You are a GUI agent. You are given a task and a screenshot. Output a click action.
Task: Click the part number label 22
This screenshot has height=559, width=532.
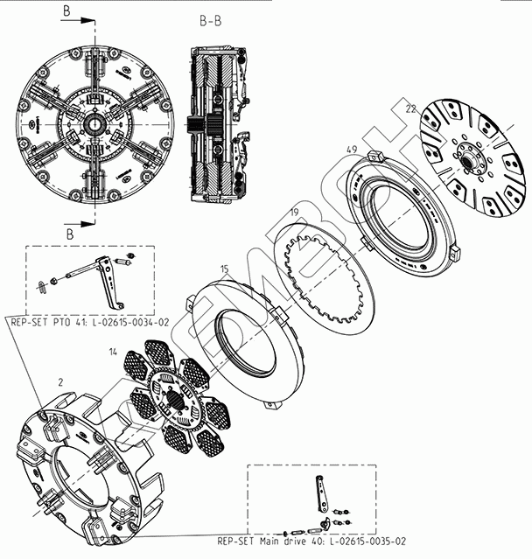410,108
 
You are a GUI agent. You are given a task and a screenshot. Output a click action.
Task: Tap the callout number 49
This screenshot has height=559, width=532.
352,149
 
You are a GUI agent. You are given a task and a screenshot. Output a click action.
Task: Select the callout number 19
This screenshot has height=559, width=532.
294,213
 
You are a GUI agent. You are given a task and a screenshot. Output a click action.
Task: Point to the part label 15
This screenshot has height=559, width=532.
224,269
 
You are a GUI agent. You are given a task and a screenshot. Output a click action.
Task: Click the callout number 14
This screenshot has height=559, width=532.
113,352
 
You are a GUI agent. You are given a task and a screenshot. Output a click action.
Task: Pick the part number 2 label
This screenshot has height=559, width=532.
60,382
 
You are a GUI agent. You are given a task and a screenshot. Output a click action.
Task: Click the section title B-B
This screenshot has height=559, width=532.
210,21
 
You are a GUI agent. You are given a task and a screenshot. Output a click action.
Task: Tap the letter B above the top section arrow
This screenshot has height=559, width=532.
66,11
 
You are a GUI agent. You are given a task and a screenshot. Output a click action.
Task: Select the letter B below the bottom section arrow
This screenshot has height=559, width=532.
70,234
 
